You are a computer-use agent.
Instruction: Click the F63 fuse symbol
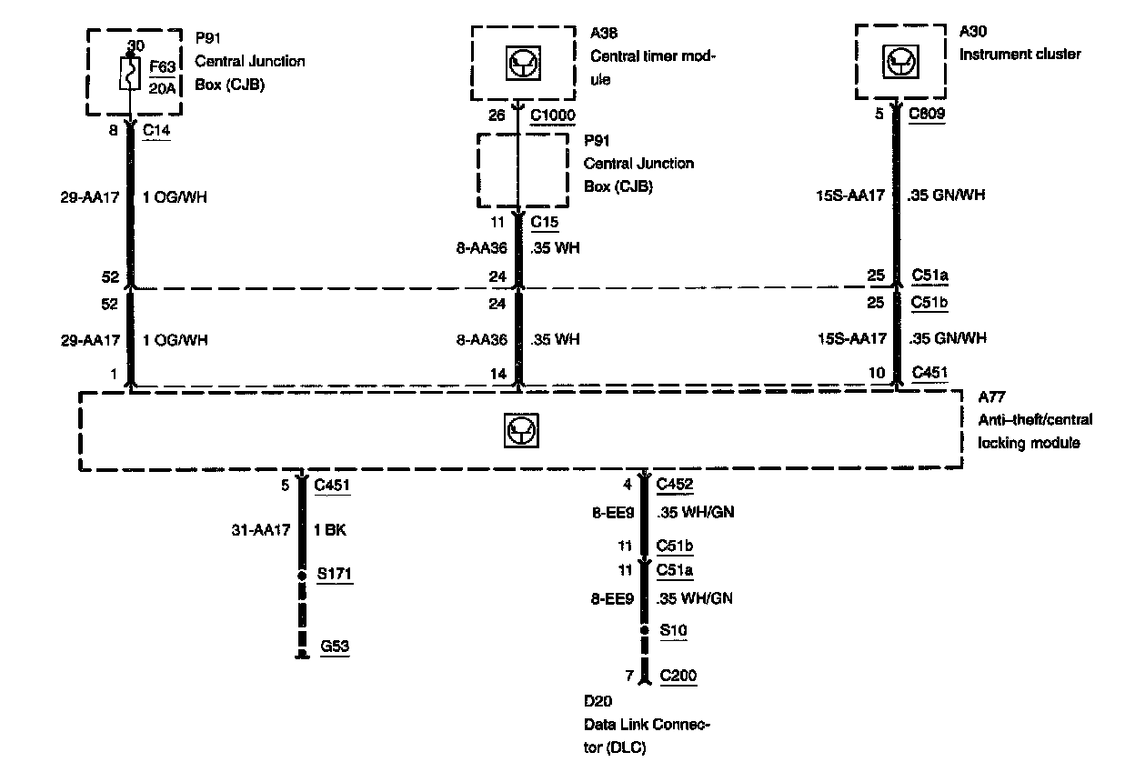[129, 73]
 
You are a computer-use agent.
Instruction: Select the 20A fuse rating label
[161, 88]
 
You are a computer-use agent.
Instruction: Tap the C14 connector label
[156, 130]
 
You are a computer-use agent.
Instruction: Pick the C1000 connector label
[551, 115]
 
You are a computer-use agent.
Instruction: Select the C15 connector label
[544, 221]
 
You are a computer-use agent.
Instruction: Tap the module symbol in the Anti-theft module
[520, 431]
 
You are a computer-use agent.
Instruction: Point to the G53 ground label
[333, 647]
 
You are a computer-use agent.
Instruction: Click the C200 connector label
[678, 676]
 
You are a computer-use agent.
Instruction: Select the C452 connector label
[674, 485]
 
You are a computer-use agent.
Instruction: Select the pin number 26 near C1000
[497, 115]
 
